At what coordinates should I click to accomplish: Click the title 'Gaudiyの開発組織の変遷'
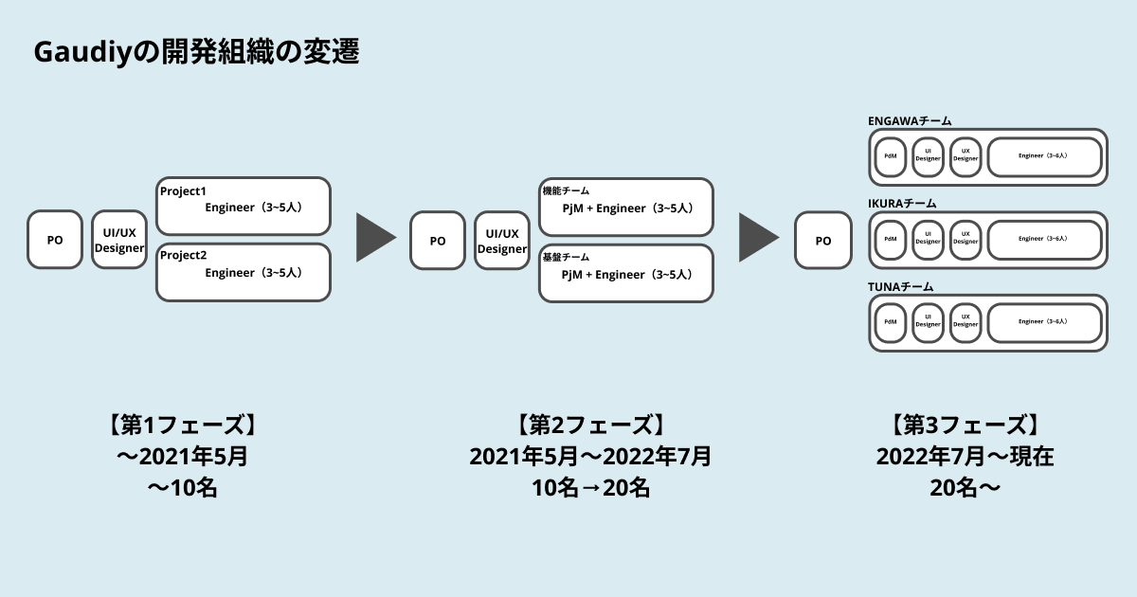coord(197,52)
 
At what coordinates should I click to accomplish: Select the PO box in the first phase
coord(55,240)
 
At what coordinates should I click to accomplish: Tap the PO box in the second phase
coord(438,241)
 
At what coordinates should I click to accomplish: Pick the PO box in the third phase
coord(822,241)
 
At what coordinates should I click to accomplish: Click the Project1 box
coord(244,206)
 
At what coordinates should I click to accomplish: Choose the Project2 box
coord(244,273)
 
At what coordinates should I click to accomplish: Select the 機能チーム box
coord(626,207)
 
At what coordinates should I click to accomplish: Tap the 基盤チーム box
coord(626,274)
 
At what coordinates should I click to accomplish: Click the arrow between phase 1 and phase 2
coord(374,238)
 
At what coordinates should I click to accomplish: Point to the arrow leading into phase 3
coord(757,238)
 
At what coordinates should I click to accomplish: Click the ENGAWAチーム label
coord(910,120)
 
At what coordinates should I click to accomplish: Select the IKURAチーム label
coord(902,203)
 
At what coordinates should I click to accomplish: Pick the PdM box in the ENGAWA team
coord(891,156)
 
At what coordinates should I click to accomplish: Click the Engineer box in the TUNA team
coord(1044,322)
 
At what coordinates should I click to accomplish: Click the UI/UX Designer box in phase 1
coord(119,241)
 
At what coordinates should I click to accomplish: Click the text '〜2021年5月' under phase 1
coord(182,457)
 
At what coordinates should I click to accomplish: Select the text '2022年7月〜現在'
coord(966,457)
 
